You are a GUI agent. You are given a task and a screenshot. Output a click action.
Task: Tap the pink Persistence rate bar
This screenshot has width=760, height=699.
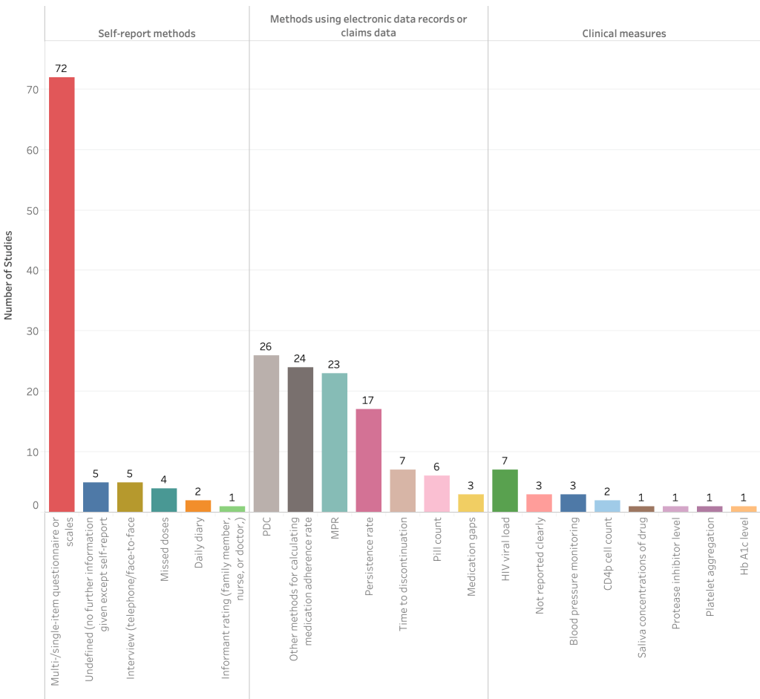(x=369, y=461)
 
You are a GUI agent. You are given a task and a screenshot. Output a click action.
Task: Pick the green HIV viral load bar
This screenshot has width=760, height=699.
(x=505, y=490)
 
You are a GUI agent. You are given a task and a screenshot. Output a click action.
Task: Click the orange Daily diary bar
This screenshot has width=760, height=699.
(x=198, y=506)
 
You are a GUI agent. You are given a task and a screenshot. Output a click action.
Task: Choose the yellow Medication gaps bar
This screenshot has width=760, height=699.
(x=471, y=503)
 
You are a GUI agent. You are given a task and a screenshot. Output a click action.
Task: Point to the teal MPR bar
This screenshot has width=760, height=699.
(x=335, y=442)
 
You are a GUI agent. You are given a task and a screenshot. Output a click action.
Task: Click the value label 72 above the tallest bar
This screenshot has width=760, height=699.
(x=62, y=68)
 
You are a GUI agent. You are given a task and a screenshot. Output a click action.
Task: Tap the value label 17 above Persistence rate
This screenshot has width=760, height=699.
(x=369, y=400)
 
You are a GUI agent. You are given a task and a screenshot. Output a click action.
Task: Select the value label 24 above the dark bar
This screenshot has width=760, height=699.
(x=301, y=358)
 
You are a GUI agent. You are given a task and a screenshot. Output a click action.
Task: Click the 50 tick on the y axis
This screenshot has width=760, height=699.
(x=32, y=210)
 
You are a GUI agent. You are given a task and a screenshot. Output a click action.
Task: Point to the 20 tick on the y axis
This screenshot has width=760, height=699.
(x=32, y=391)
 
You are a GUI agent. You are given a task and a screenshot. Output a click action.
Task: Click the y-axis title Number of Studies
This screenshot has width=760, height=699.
(x=9, y=276)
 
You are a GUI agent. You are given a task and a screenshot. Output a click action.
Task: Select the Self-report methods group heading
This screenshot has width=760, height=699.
(x=147, y=33)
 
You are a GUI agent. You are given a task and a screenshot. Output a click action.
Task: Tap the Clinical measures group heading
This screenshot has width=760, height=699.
(x=623, y=33)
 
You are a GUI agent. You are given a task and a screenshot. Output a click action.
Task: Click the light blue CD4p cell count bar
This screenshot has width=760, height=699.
(x=607, y=506)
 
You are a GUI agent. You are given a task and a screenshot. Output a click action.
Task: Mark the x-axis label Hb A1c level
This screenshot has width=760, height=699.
(x=744, y=559)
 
